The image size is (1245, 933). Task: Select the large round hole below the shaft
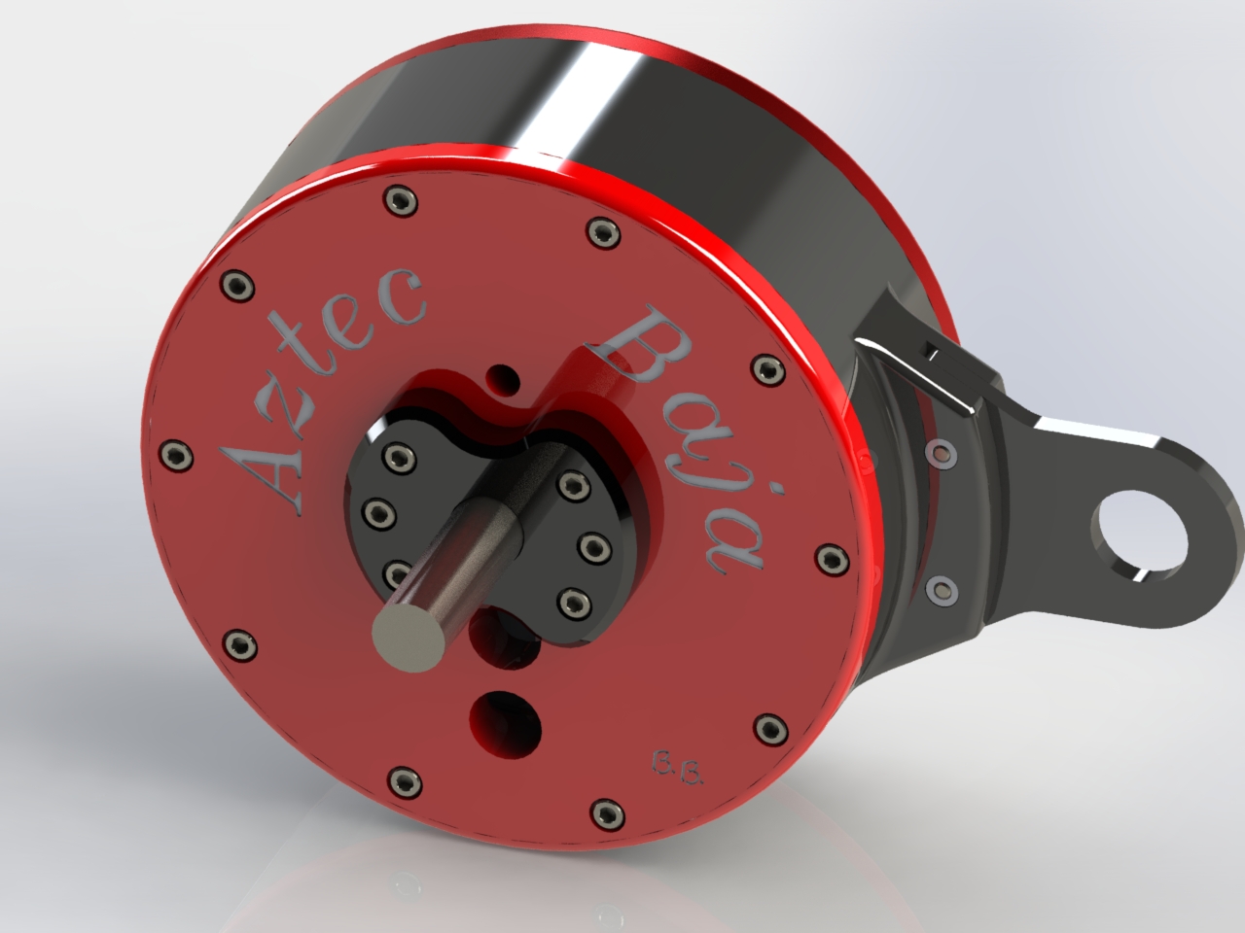505,723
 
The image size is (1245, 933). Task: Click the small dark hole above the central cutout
505,374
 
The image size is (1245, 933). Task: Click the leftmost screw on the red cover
176,453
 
